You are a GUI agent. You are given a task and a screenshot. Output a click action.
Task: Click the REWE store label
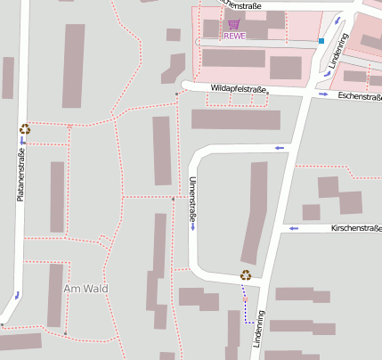(234, 37)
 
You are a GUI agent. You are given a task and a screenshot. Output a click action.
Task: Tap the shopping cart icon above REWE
(233, 25)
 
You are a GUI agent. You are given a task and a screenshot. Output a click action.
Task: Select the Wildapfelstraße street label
(238, 89)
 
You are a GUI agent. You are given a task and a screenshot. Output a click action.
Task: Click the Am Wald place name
(85, 289)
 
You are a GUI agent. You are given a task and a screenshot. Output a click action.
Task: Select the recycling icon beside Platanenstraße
(25, 129)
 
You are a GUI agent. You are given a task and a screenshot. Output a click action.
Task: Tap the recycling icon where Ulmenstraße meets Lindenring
(245, 275)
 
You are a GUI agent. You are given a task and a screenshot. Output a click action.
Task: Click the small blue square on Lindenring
(321, 41)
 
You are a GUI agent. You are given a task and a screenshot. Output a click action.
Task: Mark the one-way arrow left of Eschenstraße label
(323, 94)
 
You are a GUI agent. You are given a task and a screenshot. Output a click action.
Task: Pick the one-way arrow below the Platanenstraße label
(17, 293)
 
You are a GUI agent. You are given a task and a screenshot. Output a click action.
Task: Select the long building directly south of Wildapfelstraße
(236, 119)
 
